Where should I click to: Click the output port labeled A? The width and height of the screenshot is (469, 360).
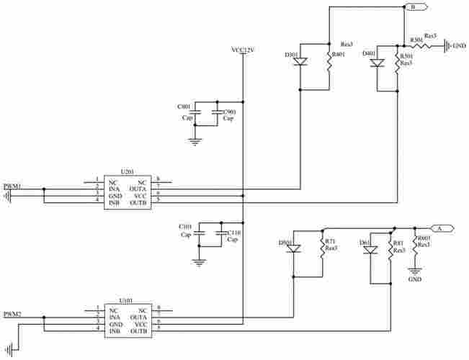443,228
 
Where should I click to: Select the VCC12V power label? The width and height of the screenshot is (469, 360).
243,50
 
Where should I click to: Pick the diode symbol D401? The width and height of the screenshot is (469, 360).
377,63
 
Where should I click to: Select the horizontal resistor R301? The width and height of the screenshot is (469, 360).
421,45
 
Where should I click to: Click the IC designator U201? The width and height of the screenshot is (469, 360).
127,172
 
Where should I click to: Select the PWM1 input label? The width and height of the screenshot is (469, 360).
12,186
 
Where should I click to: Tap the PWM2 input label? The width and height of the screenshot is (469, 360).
12,314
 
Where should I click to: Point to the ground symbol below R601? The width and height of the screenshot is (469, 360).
414,271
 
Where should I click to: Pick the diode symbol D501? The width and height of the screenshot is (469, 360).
294,248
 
